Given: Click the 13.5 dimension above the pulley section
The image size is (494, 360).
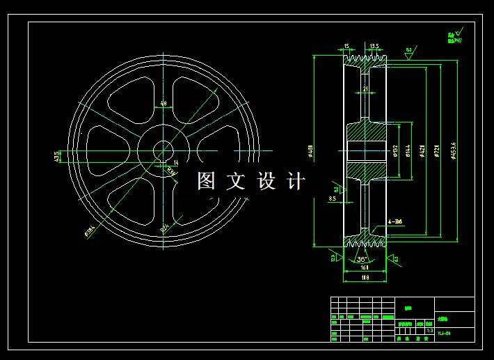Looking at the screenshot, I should pyautogui.click(x=374, y=46).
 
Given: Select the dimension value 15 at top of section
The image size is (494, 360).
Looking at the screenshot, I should pyautogui.click(x=346, y=46).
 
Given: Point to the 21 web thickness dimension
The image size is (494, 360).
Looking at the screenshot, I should pyautogui.click(x=365, y=88).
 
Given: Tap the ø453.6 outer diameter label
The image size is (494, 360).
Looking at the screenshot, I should pyautogui.click(x=454, y=150).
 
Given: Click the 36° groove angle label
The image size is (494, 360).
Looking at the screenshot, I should pyautogui.click(x=362, y=259).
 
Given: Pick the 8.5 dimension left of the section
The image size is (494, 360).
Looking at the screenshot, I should pyautogui.click(x=333, y=199).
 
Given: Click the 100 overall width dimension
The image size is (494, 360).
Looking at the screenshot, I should pyautogui.click(x=365, y=278).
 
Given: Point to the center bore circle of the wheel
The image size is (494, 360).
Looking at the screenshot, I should pyautogui.click(x=164, y=150).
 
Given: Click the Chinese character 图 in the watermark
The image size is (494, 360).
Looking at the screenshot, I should pyautogui.click(x=207, y=182).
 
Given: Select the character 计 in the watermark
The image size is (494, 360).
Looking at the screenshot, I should pyautogui.click(x=297, y=182).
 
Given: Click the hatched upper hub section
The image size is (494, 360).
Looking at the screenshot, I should pyautogui.click(x=365, y=130).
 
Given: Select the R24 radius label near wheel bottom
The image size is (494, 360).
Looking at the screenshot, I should pyautogui.click(x=165, y=226).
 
